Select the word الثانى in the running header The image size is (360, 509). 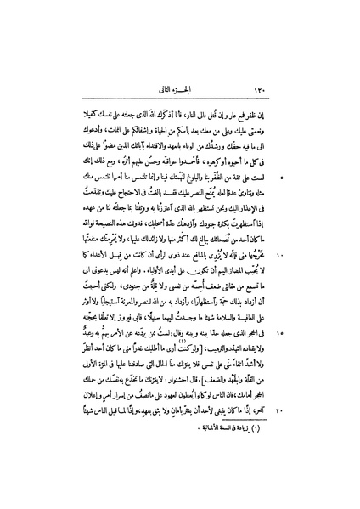[169, 88]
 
